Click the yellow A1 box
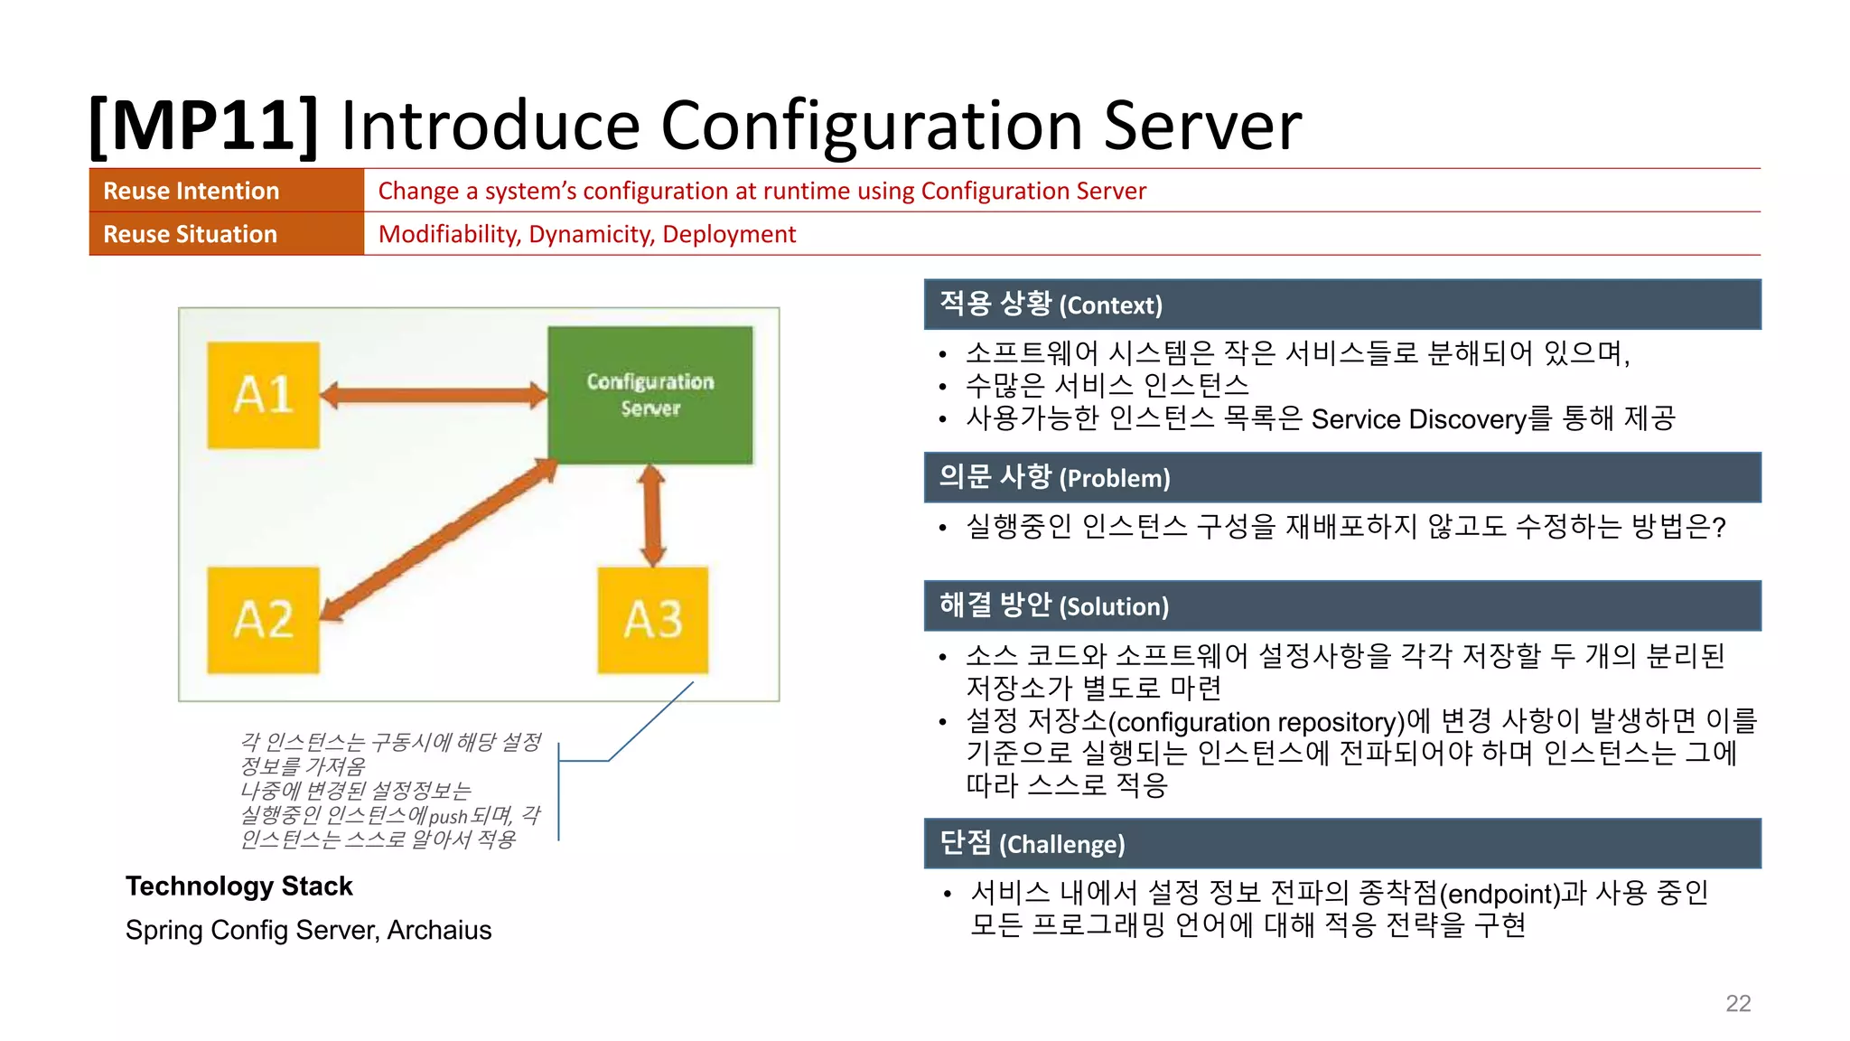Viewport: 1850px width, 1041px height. [x=263, y=395]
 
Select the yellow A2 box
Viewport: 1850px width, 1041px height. [x=263, y=620]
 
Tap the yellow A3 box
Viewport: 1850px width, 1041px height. [x=652, y=620]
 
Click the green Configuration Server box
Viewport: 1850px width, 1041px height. [x=650, y=395]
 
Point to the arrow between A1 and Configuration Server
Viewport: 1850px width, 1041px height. [x=434, y=395]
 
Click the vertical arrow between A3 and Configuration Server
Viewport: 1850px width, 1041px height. [x=651, y=515]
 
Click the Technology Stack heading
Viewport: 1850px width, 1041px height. [x=238, y=886]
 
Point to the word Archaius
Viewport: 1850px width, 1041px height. [x=439, y=930]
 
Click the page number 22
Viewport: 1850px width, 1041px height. [x=1738, y=1003]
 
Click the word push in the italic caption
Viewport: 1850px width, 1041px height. [x=448, y=817]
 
